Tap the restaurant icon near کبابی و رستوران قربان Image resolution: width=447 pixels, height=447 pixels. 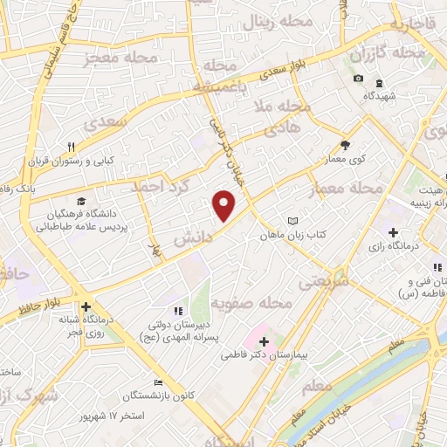coord(72,147)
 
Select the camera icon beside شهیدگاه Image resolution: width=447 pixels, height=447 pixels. coord(358,79)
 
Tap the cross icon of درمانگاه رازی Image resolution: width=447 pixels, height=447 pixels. coord(394,232)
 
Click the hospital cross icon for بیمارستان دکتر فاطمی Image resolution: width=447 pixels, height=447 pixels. coord(264,340)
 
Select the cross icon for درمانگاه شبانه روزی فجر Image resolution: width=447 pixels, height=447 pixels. coord(86,307)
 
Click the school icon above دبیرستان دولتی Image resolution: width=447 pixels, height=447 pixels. coord(178,311)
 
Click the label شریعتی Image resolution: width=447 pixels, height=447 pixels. coord(323,282)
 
